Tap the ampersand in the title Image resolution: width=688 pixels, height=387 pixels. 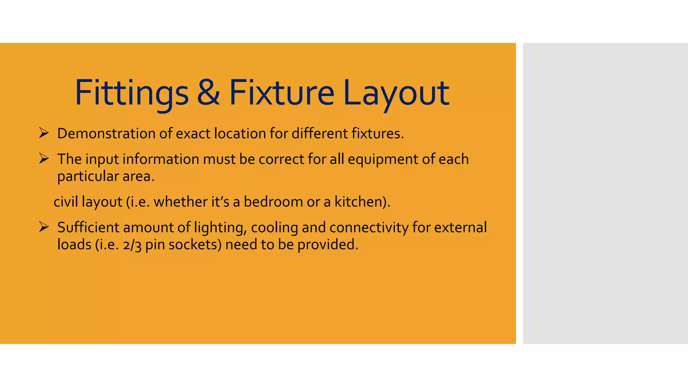point(208,92)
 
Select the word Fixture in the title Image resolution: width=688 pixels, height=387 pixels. point(282,92)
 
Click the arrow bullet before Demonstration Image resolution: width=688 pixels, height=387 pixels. point(44,133)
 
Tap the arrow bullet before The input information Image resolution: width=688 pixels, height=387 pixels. point(44,159)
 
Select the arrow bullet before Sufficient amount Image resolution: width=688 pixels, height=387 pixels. point(44,227)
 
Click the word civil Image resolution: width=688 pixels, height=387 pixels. point(66,202)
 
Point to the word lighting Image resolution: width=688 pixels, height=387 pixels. point(220,228)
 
